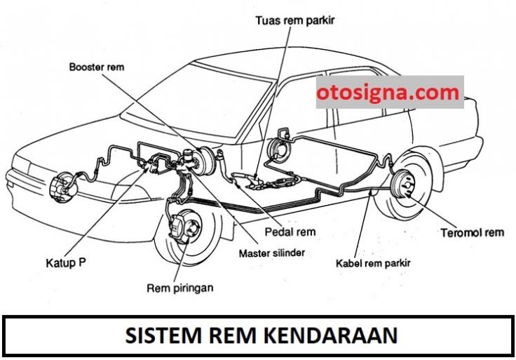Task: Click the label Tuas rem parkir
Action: [295, 20]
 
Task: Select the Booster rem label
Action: [97, 67]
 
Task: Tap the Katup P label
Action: [66, 263]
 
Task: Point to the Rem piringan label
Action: [180, 288]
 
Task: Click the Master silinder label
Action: [272, 253]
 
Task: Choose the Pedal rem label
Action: [290, 232]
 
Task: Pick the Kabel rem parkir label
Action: [373, 263]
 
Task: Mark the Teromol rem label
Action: [473, 233]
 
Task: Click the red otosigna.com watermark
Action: [388, 93]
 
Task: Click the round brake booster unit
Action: [205, 161]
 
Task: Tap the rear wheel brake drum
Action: [405, 185]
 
